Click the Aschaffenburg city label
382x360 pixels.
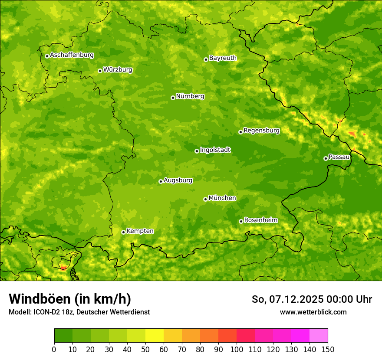point(72,55)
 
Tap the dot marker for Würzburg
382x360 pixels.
point(100,71)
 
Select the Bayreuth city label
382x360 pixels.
point(223,58)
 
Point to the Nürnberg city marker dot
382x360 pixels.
point(173,98)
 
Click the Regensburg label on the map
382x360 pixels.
point(261,131)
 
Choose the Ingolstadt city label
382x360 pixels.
point(215,150)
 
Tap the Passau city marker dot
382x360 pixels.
point(326,158)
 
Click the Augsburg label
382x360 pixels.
point(178,180)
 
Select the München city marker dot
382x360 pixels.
point(205,199)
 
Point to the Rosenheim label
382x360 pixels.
point(260,220)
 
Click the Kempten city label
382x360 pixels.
point(140,231)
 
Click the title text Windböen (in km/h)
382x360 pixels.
point(70,299)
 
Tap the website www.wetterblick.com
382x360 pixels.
point(313,312)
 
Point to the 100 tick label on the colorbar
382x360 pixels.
point(237,350)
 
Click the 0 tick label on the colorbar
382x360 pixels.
point(54,350)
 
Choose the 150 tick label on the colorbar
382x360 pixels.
point(328,350)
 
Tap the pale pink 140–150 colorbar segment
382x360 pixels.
point(319,336)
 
